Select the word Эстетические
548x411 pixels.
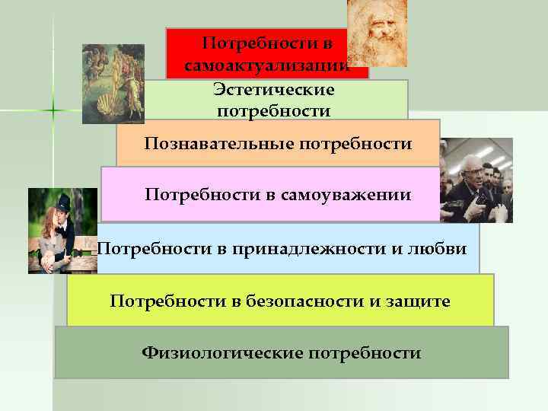pos(274,90)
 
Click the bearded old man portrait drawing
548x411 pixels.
pos(377,33)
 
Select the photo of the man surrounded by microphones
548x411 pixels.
pos(476,180)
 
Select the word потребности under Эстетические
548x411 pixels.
pos(274,111)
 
